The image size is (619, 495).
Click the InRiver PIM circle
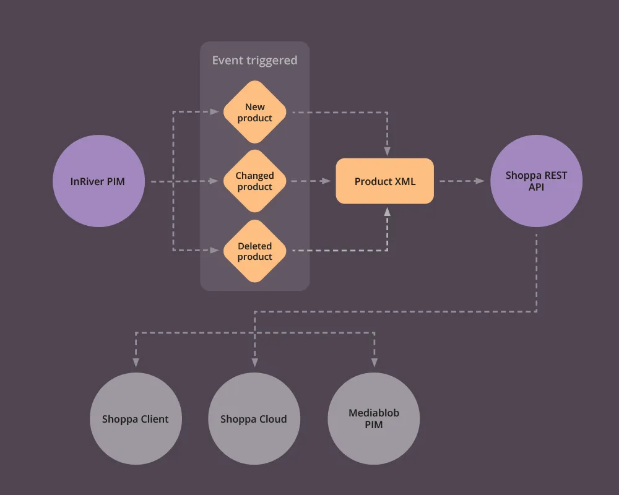point(98,182)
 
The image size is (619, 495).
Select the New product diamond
point(254,113)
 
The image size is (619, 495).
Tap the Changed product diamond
point(254,182)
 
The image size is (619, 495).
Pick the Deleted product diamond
point(254,251)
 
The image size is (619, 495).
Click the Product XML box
point(384,182)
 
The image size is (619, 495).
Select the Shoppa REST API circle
point(536,181)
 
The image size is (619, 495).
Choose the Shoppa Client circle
point(135,419)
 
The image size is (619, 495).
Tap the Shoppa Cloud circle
point(254,419)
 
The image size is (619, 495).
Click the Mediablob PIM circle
point(373,419)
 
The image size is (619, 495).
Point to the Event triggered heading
point(254,60)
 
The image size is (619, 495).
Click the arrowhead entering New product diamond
point(215,113)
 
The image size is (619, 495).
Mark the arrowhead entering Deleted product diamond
point(215,251)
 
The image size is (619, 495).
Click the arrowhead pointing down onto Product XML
point(387,152)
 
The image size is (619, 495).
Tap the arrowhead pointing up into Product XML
point(387,212)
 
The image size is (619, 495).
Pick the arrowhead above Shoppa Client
point(135,363)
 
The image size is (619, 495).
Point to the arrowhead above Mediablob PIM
point(374,363)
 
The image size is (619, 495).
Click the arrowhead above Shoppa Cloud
point(254,363)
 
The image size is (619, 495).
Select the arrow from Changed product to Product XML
point(309,182)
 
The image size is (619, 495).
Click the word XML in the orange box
point(404,182)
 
